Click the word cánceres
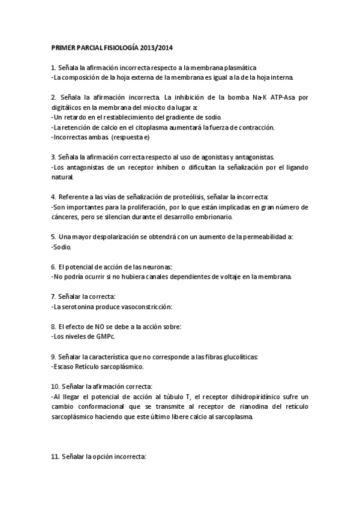point(67,217)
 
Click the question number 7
point(53,297)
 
